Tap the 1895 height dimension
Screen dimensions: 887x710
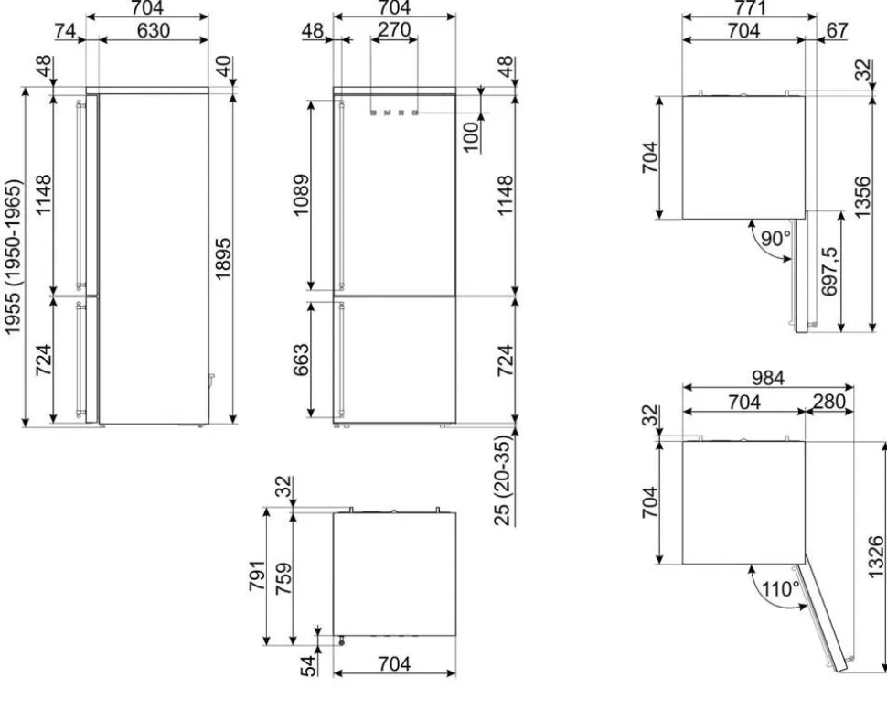click(x=223, y=258)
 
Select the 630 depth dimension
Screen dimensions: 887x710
click(x=154, y=30)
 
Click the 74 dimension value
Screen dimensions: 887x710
click(x=65, y=30)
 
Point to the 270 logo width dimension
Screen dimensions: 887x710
click(x=394, y=29)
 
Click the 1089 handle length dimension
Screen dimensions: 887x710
click(x=301, y=195)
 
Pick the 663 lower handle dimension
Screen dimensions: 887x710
click(x=301, y=360)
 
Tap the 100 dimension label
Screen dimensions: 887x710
click(x=471, y=137)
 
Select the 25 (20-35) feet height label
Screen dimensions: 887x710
click(x=503, y=480)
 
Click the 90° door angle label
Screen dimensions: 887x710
click(x=775, y=239)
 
